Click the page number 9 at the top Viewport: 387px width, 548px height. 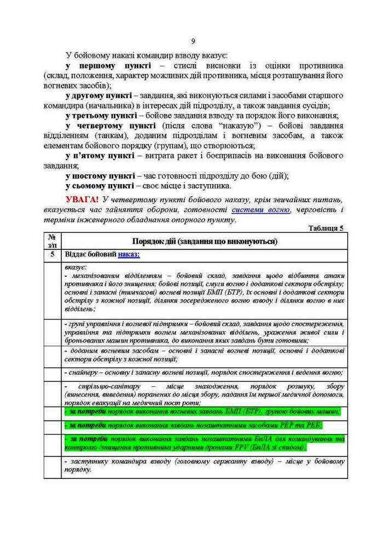tap(193, 41)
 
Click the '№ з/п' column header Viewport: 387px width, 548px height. tap(52, 241)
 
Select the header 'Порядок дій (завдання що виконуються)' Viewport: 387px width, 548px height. tap(204, 242)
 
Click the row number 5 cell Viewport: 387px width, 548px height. tap(52, 254)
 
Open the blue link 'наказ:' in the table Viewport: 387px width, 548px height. tap(129, 254)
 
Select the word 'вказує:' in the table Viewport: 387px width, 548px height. tap(75, 267)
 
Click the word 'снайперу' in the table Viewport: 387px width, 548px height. tap(83, 373)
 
